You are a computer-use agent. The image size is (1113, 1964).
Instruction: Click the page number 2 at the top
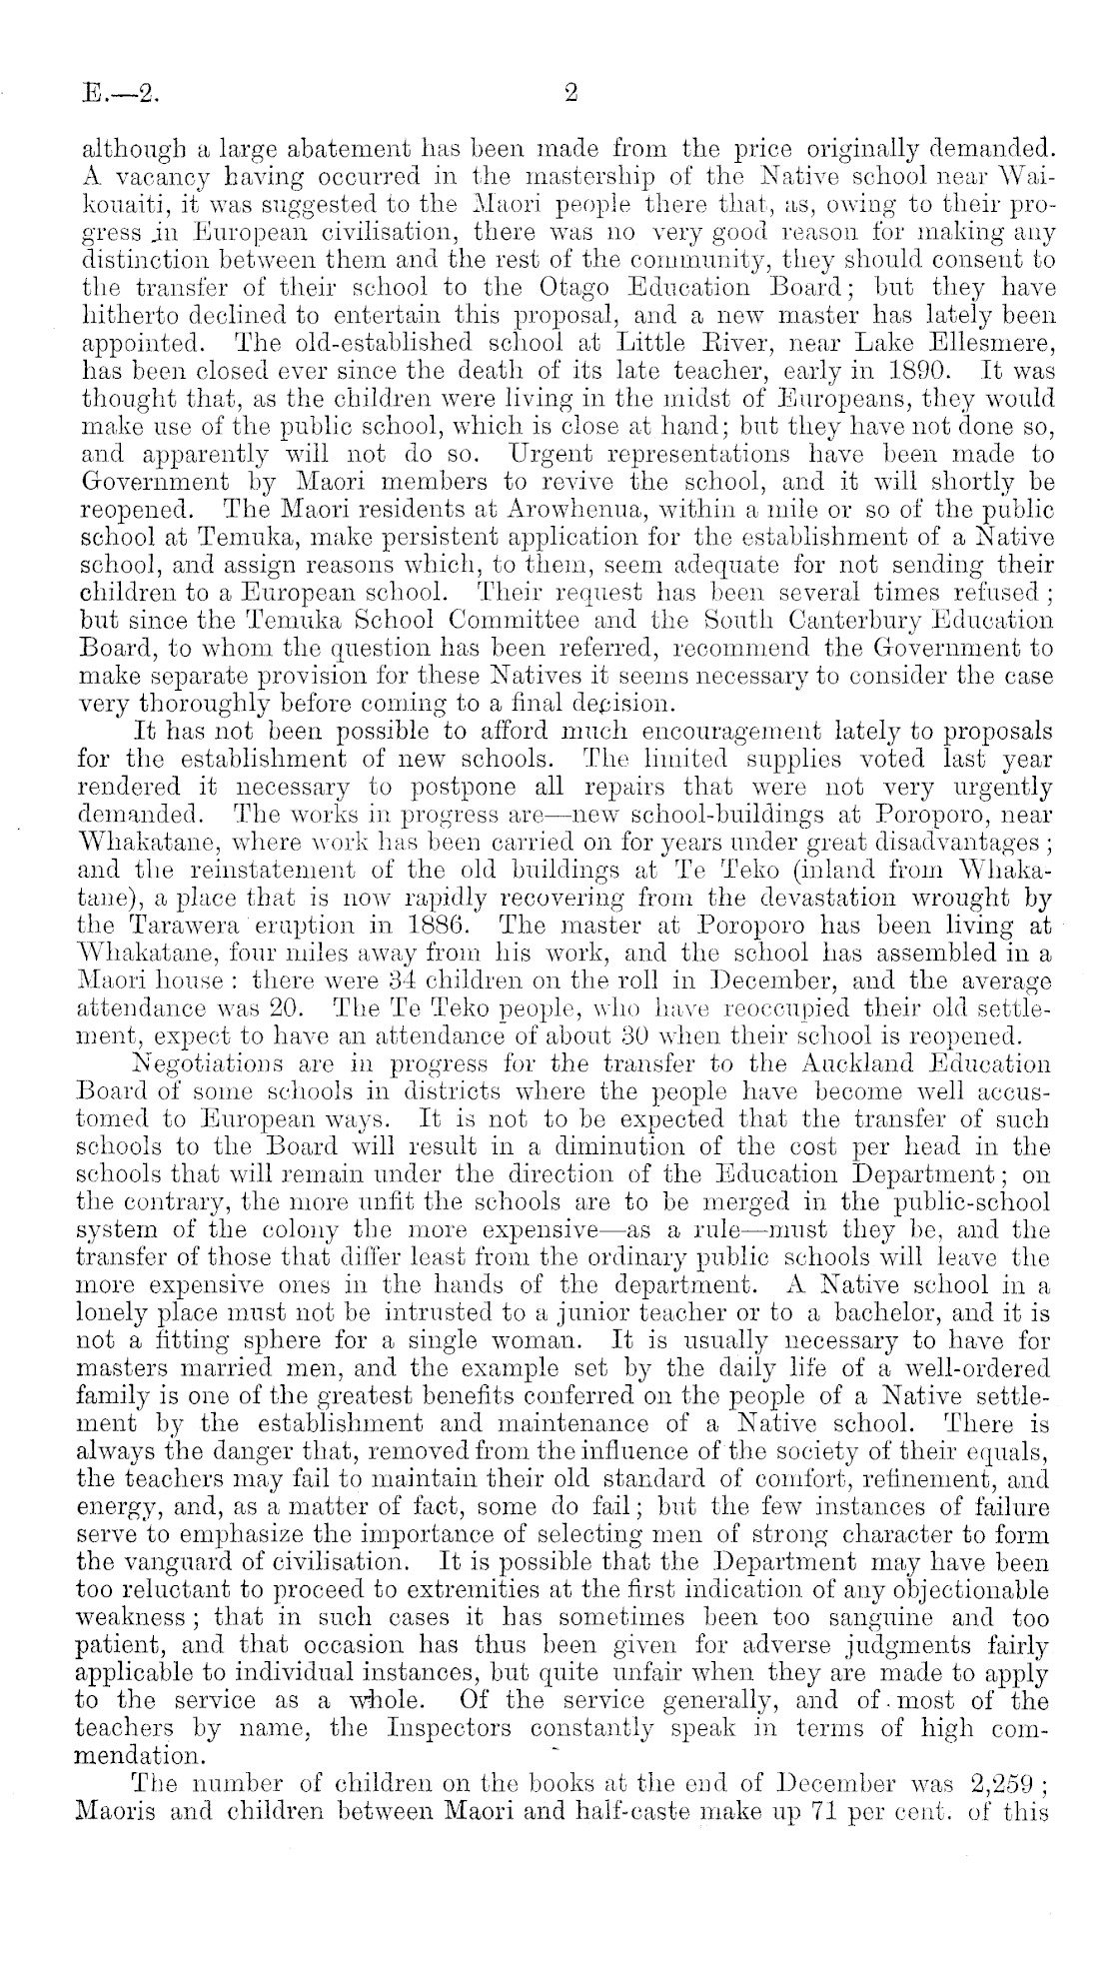(570, 94)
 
